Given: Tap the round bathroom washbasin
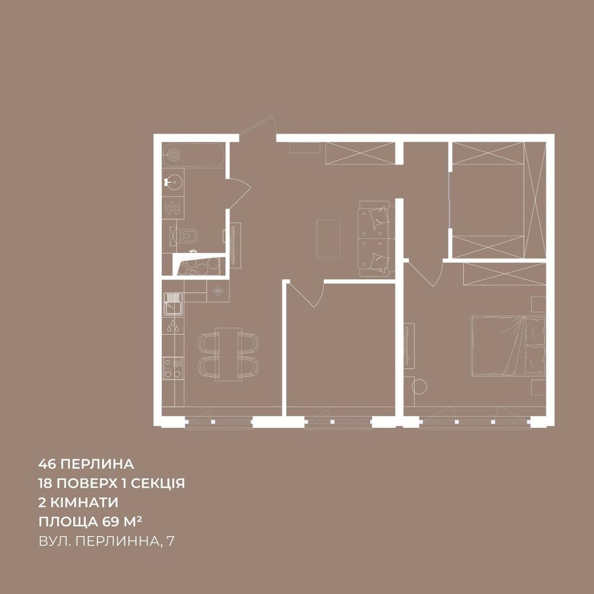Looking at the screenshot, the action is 174,182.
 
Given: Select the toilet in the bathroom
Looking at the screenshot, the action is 187,236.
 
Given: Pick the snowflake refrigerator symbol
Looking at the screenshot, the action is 218,291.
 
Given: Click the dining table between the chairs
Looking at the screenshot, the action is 227,355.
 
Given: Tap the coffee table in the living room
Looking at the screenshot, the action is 328,239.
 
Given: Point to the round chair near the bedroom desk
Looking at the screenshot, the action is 420,386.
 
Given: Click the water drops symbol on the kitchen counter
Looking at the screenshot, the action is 173,326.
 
